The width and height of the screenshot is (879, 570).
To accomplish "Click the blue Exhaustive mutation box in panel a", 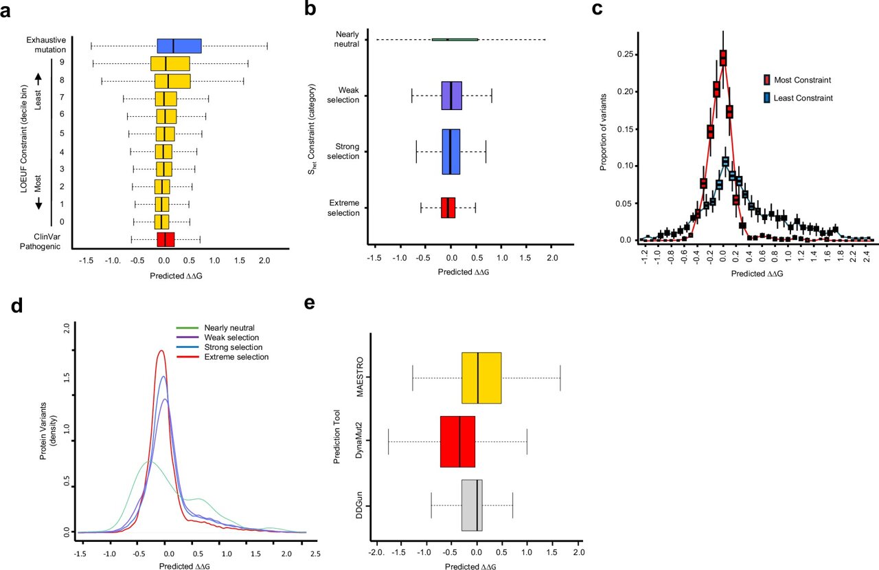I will (x=179, y=46).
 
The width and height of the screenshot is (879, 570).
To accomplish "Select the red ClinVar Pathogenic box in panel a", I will (x=165, y=239).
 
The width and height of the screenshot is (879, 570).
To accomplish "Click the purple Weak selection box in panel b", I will (x=452, y=96).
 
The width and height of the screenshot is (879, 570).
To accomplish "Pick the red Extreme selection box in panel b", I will (x=448, y=208).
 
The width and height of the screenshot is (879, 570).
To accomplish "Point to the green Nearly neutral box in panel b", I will (x=455, y=40).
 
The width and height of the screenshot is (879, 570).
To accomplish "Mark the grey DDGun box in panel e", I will (x=472, y=505).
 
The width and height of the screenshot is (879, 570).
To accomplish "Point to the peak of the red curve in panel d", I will (x=161, y=351).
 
